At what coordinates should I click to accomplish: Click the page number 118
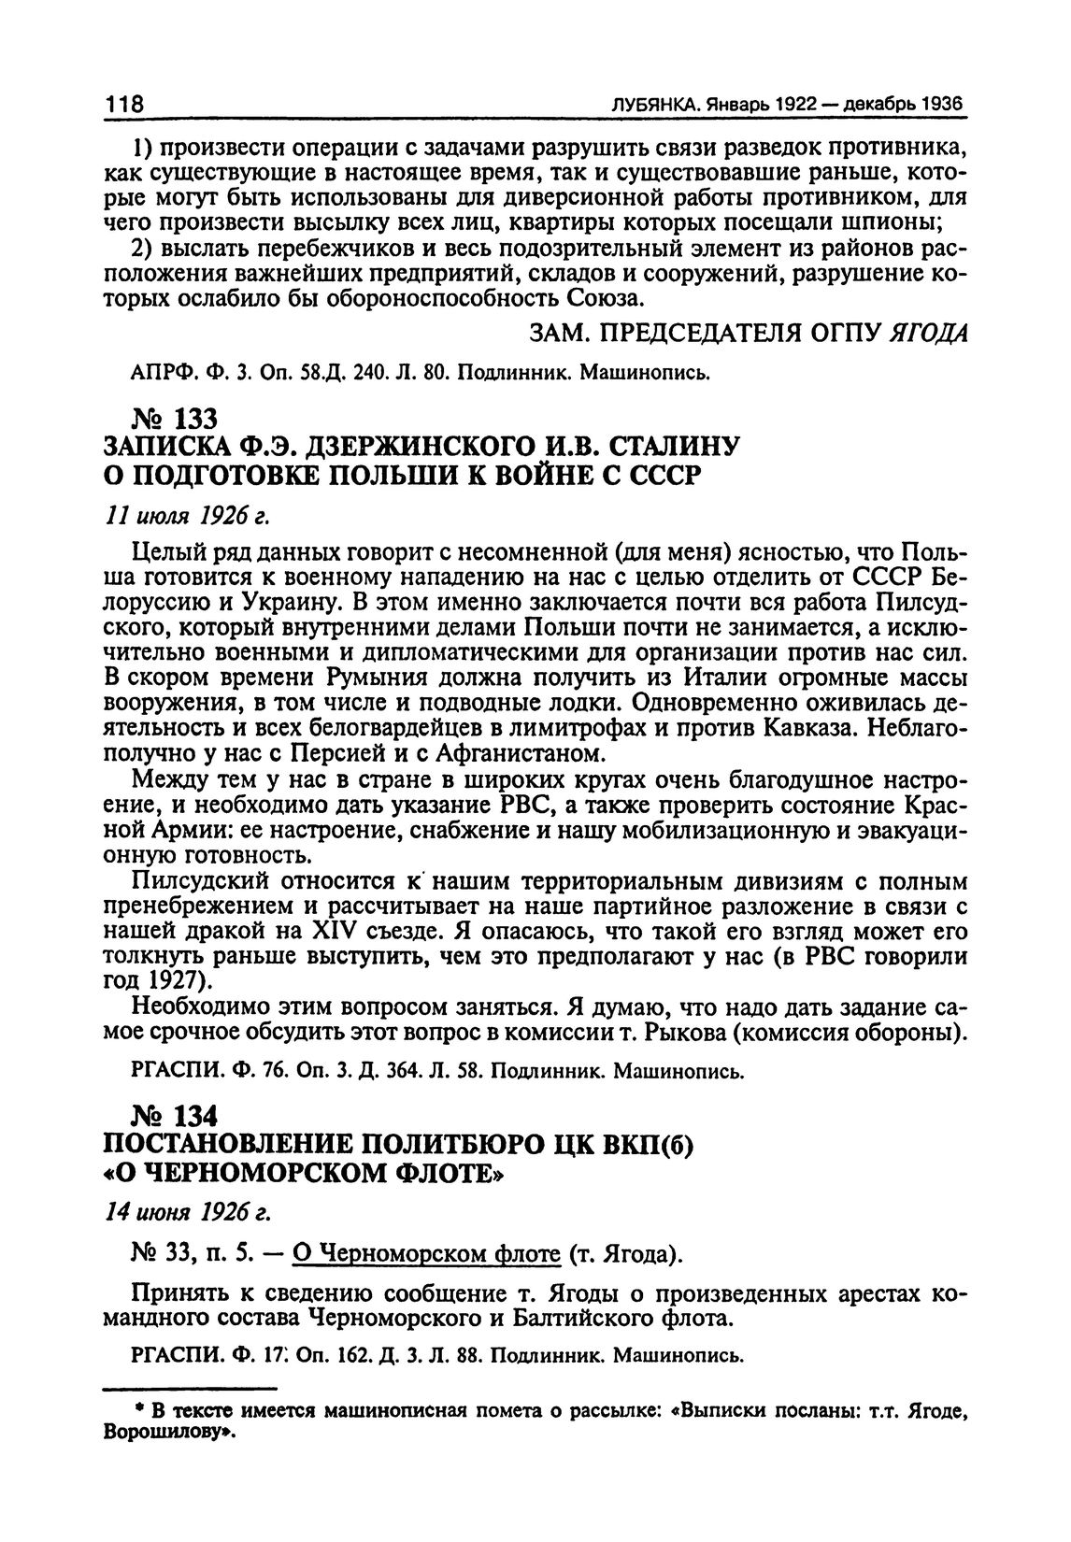coord(123,105)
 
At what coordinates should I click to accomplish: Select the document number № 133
coord(175,421)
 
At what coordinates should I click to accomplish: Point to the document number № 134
coord(175,1116)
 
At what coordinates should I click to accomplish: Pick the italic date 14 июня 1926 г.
coord(188,1213)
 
